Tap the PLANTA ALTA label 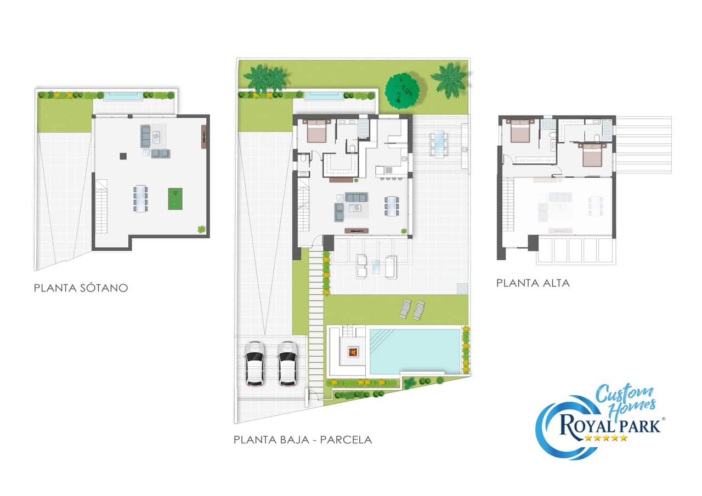click(x=533, y=283)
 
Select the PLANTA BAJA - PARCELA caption click(x=303, y=440)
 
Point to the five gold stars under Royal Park click(x=605, y=438)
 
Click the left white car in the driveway click(x=254, y=363)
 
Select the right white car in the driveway click(x=287, y=363)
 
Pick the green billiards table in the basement click(x=175, y=199)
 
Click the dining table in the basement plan click(x=140, y=198)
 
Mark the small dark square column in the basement click(x=123, y=156)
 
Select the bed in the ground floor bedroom click(x=316, y=131)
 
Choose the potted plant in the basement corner click(x=201, y=229)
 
